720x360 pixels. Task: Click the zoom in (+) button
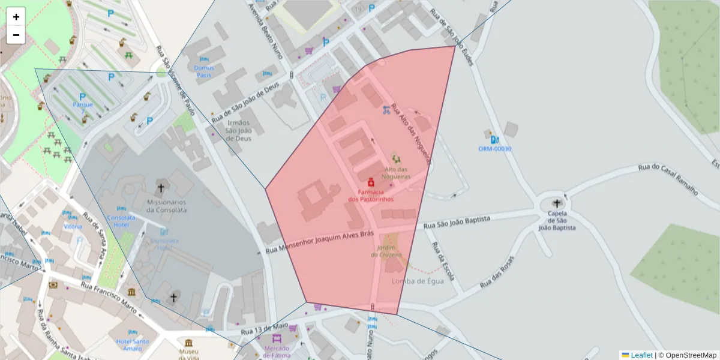click(16, 17)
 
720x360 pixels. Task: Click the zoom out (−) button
click(16, 35)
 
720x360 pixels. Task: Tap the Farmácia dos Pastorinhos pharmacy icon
click(371, 181)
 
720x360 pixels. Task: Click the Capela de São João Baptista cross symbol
click(557, 204)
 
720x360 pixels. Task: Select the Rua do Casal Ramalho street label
click(668, 179)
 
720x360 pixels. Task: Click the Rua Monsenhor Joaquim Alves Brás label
click(320, 242)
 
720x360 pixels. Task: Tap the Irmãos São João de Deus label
click(238, 130)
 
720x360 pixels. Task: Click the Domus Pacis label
click(204, 71)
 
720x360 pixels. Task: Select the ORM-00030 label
click(494, 148)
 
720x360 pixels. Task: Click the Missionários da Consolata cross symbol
click(161, 188)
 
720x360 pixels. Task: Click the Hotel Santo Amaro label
click(132, 344)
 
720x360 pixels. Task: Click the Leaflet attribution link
click(641, 355)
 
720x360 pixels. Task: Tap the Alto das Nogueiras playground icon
click(395, 158)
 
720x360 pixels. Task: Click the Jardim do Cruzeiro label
click(389, 251)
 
